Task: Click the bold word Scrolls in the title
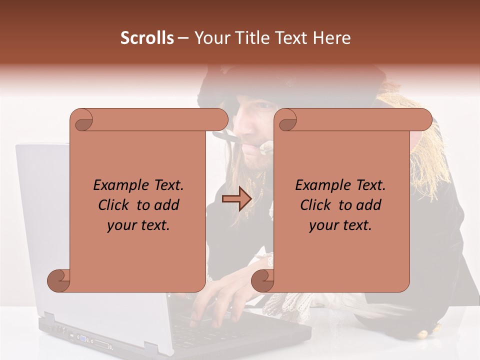(x=147, y=38)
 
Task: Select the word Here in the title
(x=332, y=38)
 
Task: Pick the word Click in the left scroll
(x=114, y=205)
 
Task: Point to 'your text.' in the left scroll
(x=138, y=225)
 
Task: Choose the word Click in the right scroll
(x=316, y=205)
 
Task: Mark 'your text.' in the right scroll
(x=340, y=225)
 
